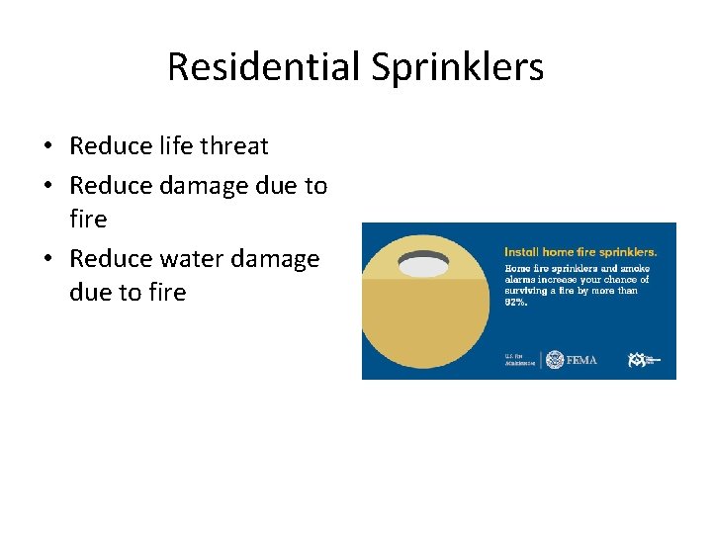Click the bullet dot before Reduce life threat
click(47, 147)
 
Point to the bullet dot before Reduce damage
click(47, 185)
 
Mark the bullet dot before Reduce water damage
click(47, 259)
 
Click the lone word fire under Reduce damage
click(88, 218)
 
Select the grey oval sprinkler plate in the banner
click(423, 264)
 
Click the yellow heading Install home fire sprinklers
click(580, 252)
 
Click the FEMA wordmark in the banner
click(581, 360)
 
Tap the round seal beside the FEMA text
click(555, 360)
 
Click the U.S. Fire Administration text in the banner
click(519, 360)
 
